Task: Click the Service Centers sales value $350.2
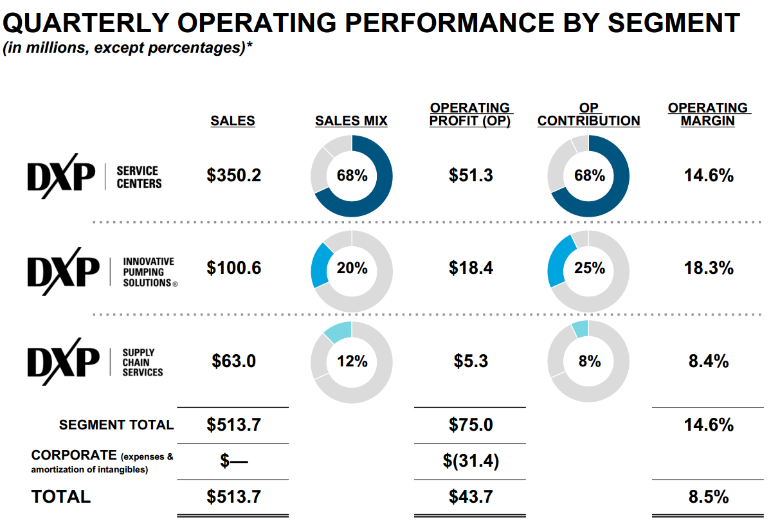tap(233, 175)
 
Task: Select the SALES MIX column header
tap(351, 121)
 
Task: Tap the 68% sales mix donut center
tap(351, 175)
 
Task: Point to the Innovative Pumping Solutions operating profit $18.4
tap(471, 268)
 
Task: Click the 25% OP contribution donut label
tap(589, 268)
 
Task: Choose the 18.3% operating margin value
tap(709, 268)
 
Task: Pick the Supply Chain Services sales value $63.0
tap(233, 361)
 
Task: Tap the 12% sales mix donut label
tap(351, 361)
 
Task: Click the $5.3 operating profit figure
tap(471, 361)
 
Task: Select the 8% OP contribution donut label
tap(589, 361)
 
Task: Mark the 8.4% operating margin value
tap(709, 361)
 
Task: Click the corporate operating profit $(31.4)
tap(471, 461)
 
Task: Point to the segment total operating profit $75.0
tap(471, 425)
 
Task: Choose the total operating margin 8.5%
tap(709, 497)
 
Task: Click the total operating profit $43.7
tap(471, 497)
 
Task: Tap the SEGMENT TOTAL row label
tap(116, 425)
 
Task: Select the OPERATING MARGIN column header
tap(708, 114)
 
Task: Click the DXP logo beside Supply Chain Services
tap(63, 361)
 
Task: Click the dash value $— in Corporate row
tap(233, 461)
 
